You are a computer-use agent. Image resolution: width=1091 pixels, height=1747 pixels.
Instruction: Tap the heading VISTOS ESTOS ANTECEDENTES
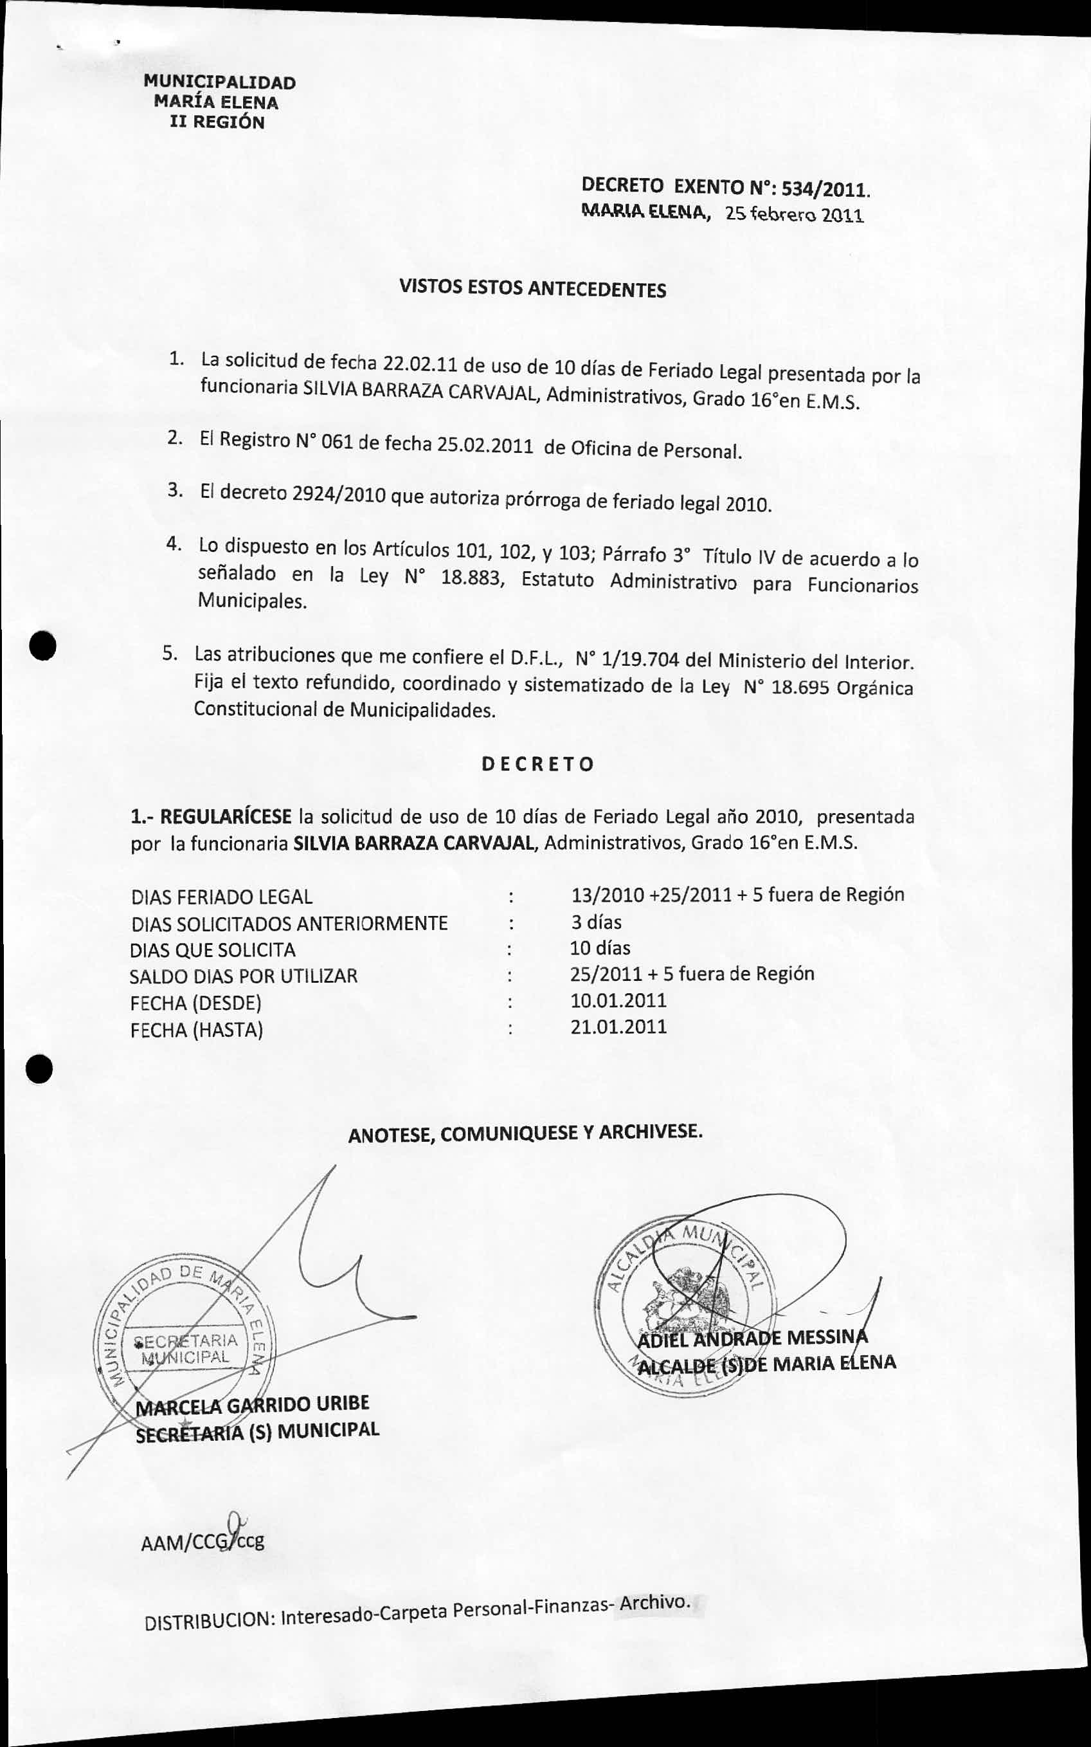coord(532,289)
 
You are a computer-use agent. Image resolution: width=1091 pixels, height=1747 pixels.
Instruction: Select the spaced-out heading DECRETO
coord(537,765)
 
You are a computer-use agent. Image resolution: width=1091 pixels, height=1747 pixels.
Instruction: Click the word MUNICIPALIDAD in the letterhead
coord(219,83)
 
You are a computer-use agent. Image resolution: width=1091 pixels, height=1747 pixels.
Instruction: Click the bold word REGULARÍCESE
coord(225,817)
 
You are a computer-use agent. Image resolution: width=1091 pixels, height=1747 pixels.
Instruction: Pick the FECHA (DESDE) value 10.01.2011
coord(618,1001)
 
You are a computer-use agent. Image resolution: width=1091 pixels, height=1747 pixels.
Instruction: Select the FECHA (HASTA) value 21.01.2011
coord(618,1027)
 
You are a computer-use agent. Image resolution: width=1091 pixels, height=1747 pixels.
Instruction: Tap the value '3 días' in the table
coord(595,922)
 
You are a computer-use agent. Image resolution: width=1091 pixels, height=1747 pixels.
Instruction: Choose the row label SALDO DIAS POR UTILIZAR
coord(243,976)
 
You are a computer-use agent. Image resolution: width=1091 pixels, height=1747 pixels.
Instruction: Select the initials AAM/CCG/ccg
coord(204,1542)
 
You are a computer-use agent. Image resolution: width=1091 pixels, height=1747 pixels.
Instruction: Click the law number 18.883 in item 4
coord(470,578)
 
